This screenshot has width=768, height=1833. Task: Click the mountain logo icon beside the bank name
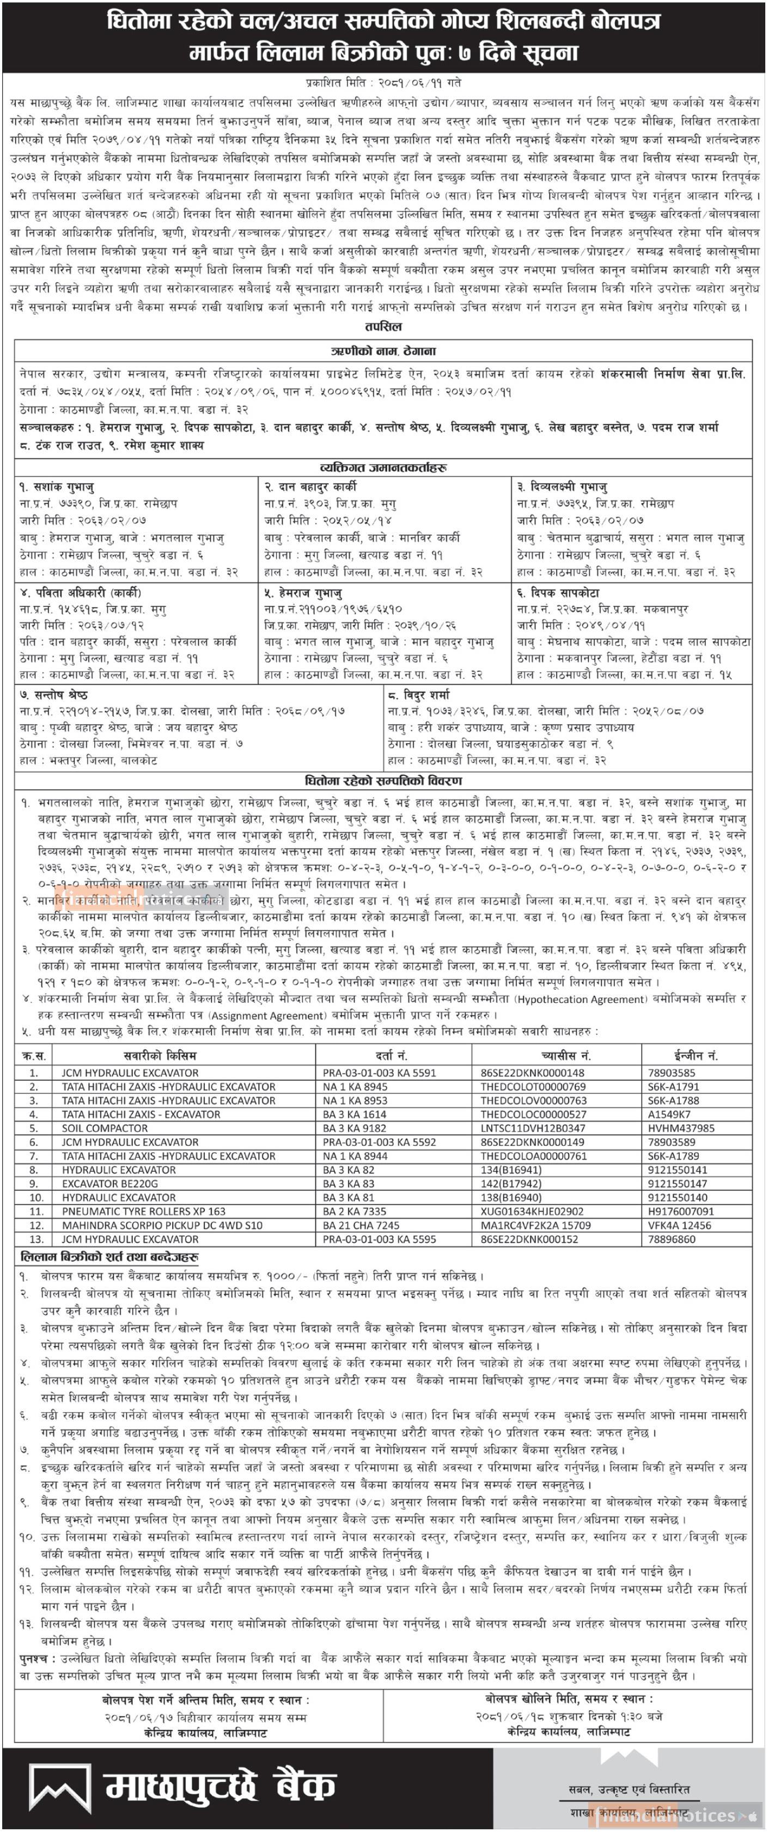60,1787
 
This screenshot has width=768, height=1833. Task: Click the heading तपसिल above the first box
383,326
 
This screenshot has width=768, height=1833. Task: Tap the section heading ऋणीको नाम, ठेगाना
383,351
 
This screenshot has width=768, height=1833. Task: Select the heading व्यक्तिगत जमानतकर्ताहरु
383,468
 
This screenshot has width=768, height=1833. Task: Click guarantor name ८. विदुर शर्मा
419,694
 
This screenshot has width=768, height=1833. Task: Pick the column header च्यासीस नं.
565,1055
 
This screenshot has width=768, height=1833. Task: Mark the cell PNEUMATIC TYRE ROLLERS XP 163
143,1211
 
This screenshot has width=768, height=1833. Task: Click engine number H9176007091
680,1211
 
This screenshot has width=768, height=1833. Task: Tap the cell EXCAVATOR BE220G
109,1183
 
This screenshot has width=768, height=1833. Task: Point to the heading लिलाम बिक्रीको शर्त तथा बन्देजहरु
109,1257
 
